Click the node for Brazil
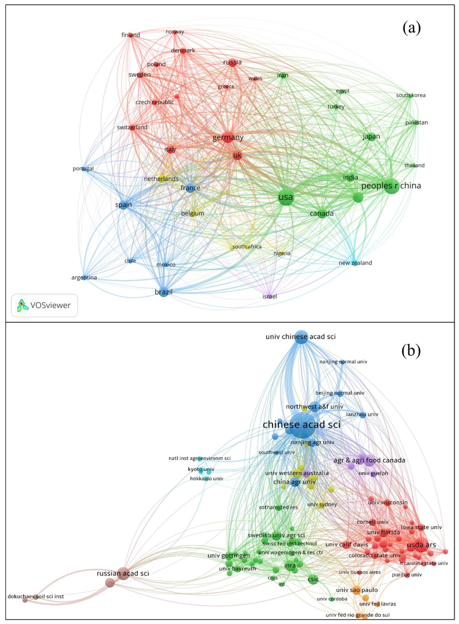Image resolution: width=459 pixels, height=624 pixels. pos(164,292)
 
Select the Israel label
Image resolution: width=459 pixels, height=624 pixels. pos(269,296)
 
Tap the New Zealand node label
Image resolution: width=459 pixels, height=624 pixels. pos(355,263)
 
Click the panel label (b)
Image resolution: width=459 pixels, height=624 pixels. pos(411,351)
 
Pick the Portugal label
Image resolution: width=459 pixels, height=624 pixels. pos(83,169)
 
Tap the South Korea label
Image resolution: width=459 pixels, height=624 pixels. pos(411,95)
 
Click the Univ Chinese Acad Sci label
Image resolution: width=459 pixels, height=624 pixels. pos(301,337)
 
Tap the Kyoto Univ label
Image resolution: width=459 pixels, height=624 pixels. pos(201,469)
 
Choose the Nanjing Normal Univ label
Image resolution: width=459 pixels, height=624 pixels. pos(343,362)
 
